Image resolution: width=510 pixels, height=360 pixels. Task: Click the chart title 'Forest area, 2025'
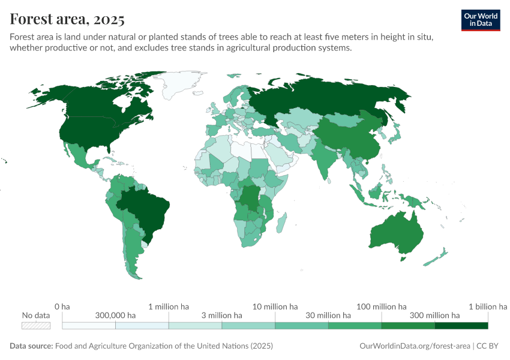pos(67,19)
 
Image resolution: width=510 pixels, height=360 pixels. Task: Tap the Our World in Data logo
pos(481,19)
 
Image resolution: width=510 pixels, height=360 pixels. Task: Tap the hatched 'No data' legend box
pos(35,326)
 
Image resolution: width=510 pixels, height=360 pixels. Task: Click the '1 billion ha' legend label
pos(487,307)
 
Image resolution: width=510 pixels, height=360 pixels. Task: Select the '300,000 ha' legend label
pos(115,315)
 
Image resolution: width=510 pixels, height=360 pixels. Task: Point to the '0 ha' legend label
pos(62,307)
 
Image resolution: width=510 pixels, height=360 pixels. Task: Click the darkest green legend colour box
pos(461,326)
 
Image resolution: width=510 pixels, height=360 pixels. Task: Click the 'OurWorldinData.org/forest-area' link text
pos(415,346)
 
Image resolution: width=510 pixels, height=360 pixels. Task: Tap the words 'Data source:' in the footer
pos(31,346)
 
